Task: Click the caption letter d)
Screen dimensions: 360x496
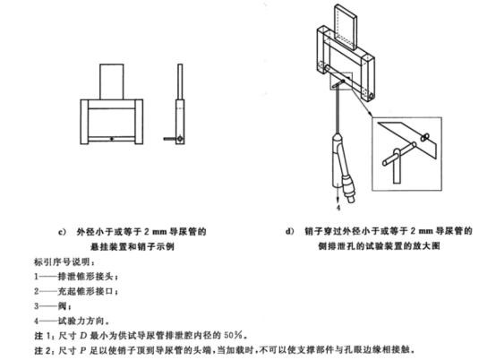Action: click(x=289, y=231)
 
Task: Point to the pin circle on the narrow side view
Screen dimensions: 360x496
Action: click(x=182, y=137)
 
